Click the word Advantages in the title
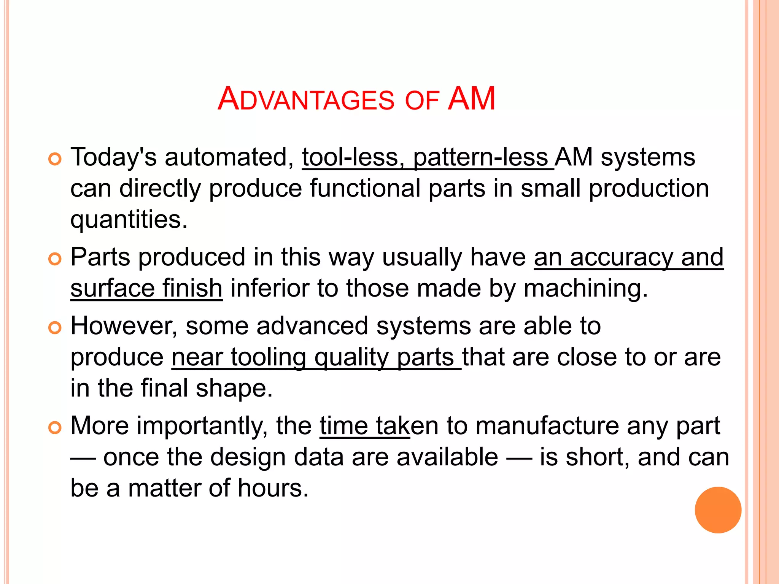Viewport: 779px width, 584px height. coord(306,99)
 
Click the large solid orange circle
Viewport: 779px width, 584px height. coord(718,510)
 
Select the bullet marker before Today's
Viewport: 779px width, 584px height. coord(55,159)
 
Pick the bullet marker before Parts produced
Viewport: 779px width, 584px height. coord(55,259)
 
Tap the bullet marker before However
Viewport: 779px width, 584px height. coord(55,328)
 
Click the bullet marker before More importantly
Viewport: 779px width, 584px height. coord(55,428)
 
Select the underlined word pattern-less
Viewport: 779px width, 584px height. coord(481,157)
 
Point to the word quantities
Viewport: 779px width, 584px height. coord(129,220)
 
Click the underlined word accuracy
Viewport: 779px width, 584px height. coord(622,257)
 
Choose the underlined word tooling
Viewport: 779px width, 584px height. coord(268,357)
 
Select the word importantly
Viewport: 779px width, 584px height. coord(202,426)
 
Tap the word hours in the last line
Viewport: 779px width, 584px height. coord(273,488)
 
